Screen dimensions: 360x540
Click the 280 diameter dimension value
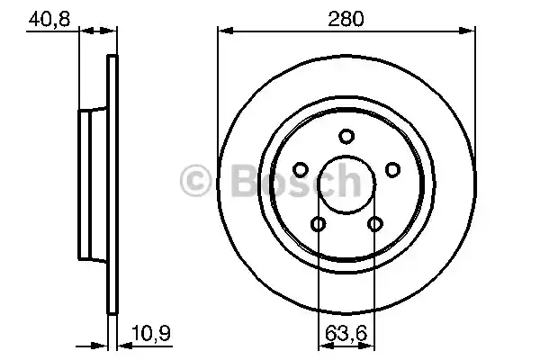(346, 17)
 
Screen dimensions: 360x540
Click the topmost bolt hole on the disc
(346, 136)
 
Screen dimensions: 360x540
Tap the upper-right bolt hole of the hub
(391, 169)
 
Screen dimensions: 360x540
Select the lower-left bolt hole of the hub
(318, 224)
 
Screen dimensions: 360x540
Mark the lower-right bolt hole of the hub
(374, 224)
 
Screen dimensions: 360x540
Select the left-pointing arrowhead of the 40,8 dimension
(85, 32)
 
